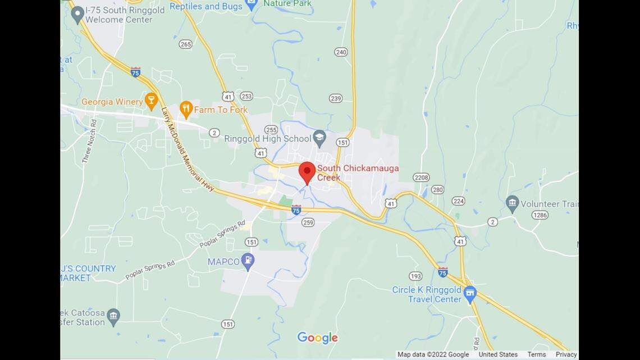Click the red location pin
(x=307, y=171)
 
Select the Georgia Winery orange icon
(x=150, y=101)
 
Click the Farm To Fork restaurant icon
(x=186, y=109)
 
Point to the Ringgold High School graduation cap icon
(x=319, y=138)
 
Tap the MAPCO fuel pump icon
(x=248, y=261)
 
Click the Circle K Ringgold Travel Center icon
(x=470, y=294)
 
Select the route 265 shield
(x=186, y=44)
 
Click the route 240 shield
(x=341, y=52)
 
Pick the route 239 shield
(x=336, y=98)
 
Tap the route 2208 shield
(x=421, y=177)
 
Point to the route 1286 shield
(x=540, y=215)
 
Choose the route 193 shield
(x=415, y=276)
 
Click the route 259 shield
(x=308, y=222)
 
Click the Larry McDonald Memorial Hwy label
(x=187, y=149)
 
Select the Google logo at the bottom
(x=317, y=338)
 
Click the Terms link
(x=536, y=354)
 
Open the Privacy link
(x=566, y=354)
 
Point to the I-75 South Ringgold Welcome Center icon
(x=77, y=12)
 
